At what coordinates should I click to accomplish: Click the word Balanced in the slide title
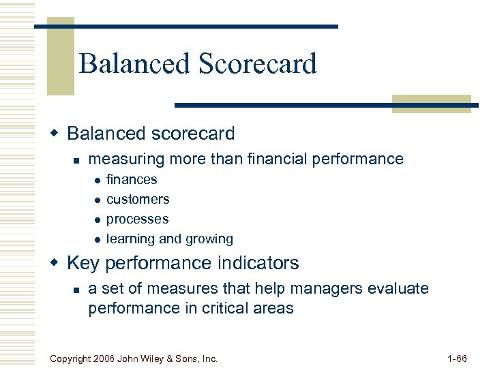(134, 64)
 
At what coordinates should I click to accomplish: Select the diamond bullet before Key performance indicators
(58, 262)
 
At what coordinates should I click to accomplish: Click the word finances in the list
(132, 180)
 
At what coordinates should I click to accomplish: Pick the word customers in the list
(138, 200)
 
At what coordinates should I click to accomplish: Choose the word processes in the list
(137, 219)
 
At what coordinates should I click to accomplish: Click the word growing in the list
(209, 239)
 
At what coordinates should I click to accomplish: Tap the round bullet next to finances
(98, 181)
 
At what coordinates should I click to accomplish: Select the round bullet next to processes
(98, 220)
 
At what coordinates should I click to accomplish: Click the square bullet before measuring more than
(78, 160)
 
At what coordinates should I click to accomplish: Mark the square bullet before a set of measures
(78, 290)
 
